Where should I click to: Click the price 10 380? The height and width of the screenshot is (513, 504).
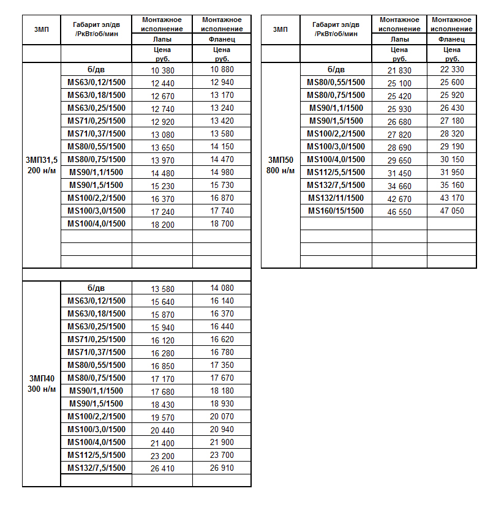pos(162,70)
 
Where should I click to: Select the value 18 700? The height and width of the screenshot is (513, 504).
pos(222,224)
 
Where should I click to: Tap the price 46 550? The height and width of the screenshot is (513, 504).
pos(400,211)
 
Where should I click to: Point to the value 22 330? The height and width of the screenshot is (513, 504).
pos(452,70)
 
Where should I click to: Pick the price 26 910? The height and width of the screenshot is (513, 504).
pos(222,468)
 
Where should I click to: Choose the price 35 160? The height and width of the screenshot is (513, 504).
pos(452,185)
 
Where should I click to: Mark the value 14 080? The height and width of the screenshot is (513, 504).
pos(222,288)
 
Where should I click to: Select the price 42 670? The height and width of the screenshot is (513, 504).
pos(400,198)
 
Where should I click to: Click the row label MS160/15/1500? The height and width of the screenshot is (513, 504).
pos(336,211)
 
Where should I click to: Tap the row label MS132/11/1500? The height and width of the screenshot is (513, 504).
pos(336,198)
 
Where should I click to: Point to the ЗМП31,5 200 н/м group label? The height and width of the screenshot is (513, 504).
pos(42,165)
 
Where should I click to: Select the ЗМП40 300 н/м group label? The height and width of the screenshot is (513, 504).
pos(42,384)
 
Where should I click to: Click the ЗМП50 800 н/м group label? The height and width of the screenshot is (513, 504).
pos(280,165)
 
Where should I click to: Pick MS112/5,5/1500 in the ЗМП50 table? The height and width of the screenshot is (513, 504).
pos(336,172)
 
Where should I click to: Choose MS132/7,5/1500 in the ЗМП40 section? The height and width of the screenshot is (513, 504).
pos(96,468)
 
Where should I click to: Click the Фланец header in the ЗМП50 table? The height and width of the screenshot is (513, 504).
pos(452,39)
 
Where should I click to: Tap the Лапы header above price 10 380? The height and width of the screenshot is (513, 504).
pos(162,39)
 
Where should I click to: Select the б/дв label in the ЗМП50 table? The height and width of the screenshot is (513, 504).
pos(336,69)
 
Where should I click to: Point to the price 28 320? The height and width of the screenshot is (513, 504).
pos(452,134)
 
